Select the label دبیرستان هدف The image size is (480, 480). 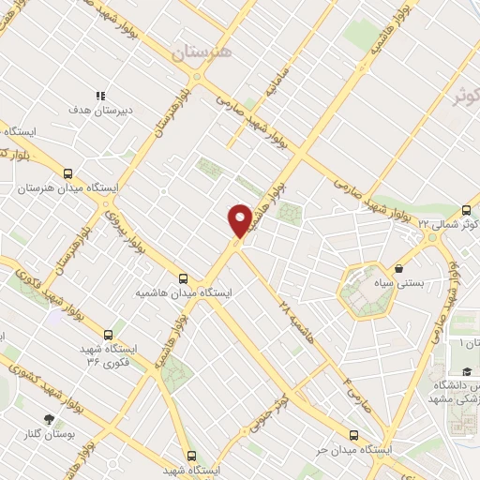pyautogui.click(x=101, y=110)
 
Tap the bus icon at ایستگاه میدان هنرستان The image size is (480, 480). pyautogui.click(x=67, y=173)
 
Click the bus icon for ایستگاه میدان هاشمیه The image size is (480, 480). pyautogui.click(x=184, y=278)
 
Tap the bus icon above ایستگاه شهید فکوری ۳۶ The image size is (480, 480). pyautogui.click(x=109, y=334)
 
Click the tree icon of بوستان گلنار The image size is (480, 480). pyautogui.click(x=49, y=420)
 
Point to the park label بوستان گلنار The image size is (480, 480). pyautogui.click(x=49, y=435)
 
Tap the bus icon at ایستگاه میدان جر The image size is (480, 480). pyautogui.click(x=353, y=434)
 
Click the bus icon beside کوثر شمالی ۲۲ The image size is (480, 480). pyautogui.click(x=467, y=210)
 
